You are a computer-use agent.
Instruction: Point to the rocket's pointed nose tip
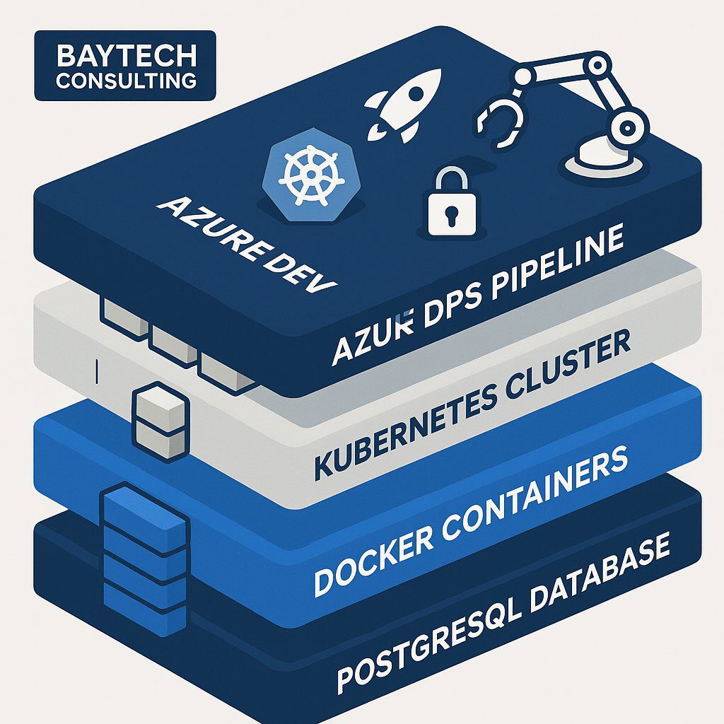pos(436,73)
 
